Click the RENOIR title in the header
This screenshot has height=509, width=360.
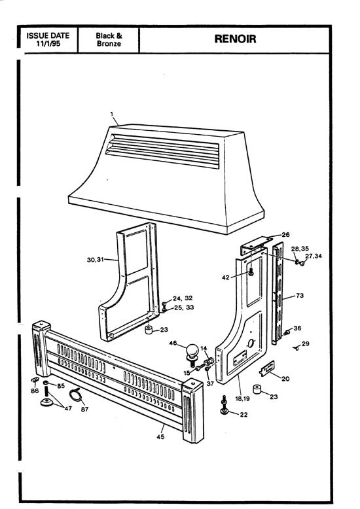[238, 39]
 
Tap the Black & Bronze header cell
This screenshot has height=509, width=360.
[109, 39]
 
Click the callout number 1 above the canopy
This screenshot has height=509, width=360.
[112, 114]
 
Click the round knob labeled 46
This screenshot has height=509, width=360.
[192, 353]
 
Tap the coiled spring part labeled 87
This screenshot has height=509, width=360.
[77, 395]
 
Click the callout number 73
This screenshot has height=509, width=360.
[300, 296]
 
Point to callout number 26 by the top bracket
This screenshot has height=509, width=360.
[285, 234]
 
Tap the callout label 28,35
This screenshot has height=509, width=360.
[300, 249]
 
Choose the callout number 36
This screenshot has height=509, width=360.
[297, 328]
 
